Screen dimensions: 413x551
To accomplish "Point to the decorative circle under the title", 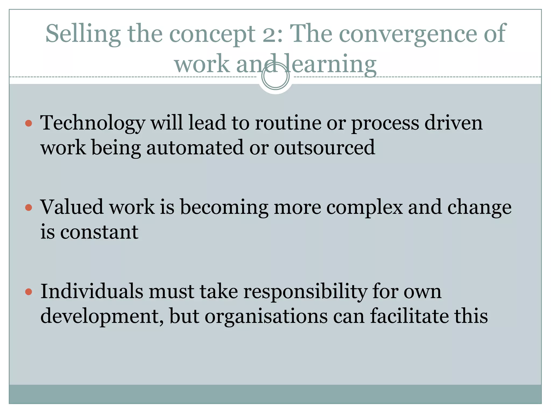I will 275,76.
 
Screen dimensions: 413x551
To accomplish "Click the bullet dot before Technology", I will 29,123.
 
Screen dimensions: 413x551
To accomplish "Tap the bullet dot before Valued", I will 29,207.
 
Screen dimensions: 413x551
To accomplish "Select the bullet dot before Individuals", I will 29,292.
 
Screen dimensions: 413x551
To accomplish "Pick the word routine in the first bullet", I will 288,123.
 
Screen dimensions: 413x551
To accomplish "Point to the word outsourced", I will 324,148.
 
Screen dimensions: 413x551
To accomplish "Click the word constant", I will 99,232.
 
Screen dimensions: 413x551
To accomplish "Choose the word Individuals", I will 91,291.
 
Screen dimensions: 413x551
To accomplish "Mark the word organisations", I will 266,316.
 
